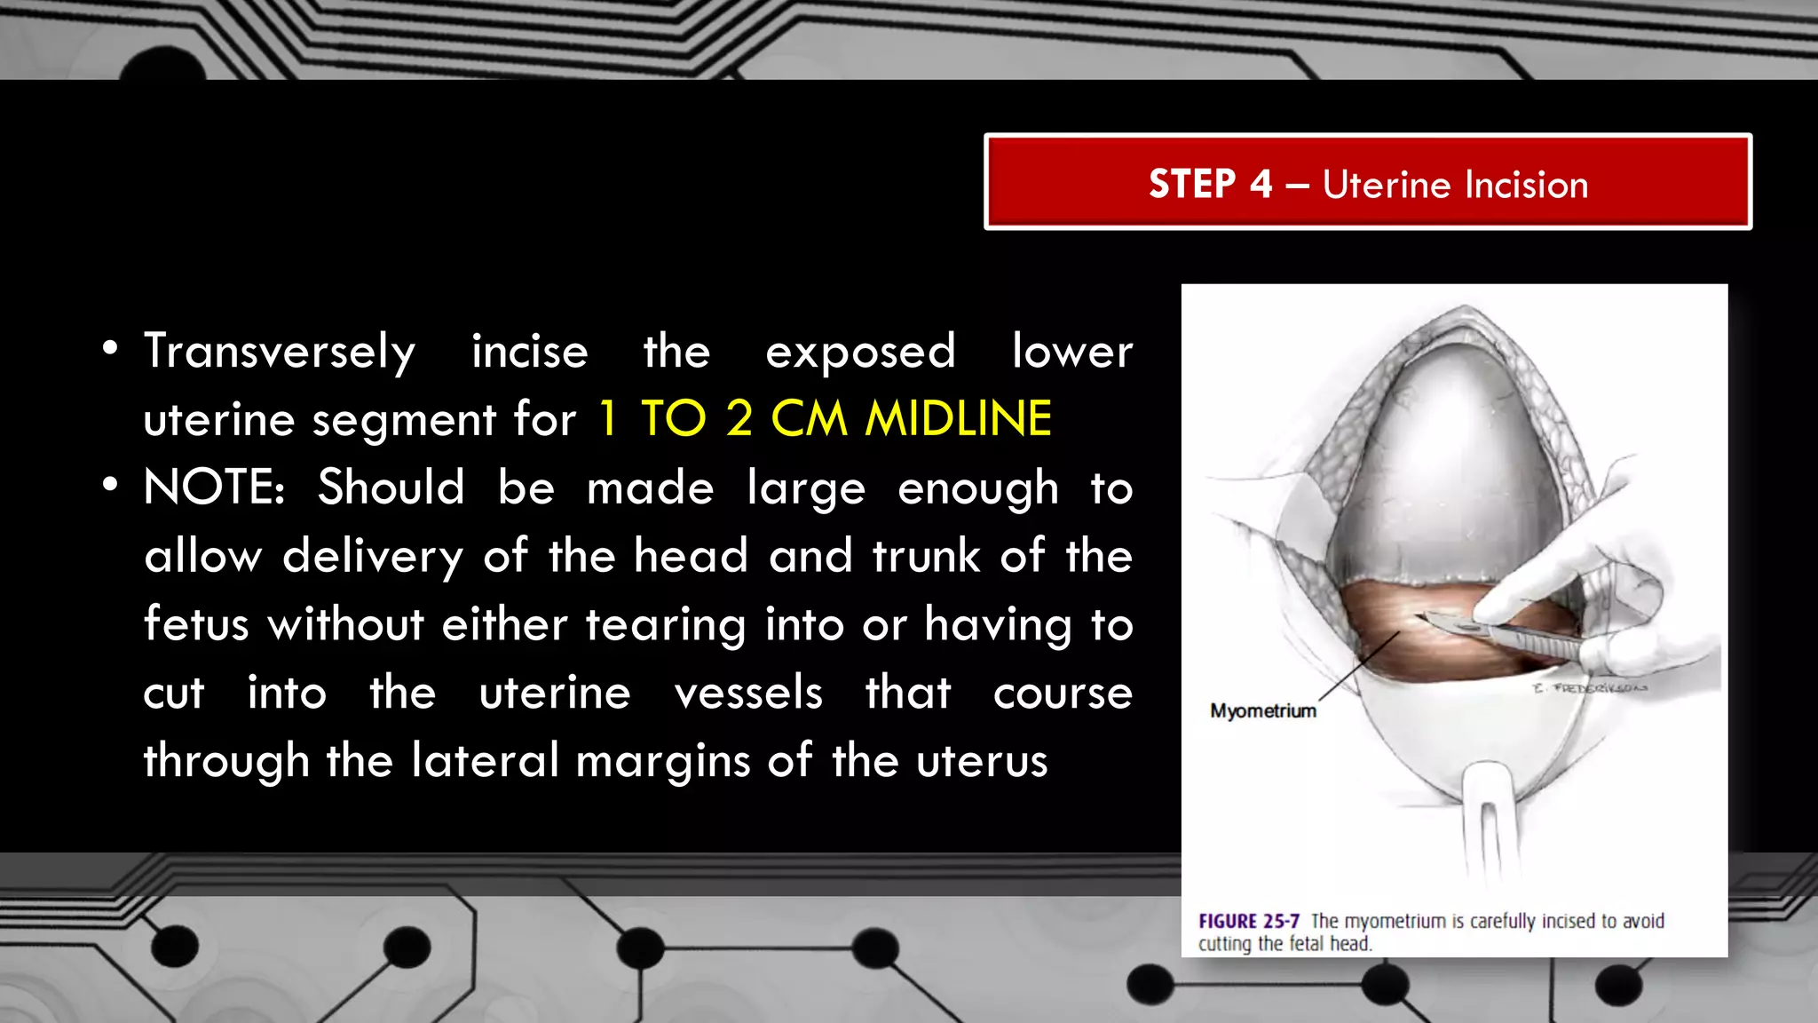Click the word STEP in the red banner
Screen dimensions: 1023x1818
click(x=1192, y=184)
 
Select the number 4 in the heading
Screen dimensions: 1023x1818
click(x=1261, y=184)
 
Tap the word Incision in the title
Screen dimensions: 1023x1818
click(x=1526, y=185)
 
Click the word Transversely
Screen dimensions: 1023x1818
click(x=280, y=352)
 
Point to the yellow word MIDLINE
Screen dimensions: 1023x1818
click(x=959, y=418)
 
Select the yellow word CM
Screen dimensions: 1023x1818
click(x=809, y=418)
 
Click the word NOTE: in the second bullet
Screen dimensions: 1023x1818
click(x=214, y=488)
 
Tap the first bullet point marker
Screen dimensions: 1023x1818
click(x=109, y=348)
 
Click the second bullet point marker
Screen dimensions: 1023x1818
click(x=109, y=485)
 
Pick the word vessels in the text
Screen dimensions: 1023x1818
click(x=748, y=693)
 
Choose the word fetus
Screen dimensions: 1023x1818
click(x=196, y=624)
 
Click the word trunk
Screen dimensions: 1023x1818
click(x=926, y=557)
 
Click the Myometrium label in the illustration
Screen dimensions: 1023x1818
click(x=1262, y=710)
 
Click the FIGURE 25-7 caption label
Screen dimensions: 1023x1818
click(x=1248, y=921)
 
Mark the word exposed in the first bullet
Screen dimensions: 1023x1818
click(x=860, y=352)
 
